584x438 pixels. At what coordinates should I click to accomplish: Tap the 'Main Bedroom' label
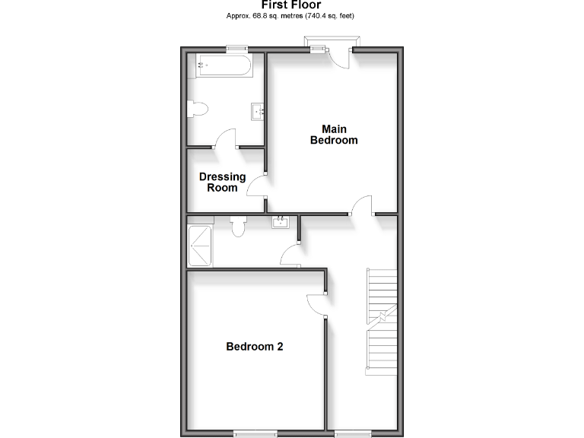pos(334,135)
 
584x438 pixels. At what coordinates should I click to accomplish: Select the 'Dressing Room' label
pos(222,182)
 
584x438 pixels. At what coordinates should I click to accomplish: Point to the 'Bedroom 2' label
pos(255,347)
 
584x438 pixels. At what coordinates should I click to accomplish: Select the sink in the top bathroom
pos(257,111)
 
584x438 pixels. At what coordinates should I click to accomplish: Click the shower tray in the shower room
pos(202,243)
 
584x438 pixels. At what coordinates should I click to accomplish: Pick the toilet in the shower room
pos(238,226)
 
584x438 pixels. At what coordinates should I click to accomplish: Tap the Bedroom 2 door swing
pos(316,303)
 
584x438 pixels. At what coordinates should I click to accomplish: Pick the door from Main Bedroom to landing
pos(362,205)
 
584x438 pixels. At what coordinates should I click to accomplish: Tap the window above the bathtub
pos(236,49)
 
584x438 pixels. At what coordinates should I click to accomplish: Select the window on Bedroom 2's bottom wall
pos(255,433)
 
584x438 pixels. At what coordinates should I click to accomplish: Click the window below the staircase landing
pos(353,433)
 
